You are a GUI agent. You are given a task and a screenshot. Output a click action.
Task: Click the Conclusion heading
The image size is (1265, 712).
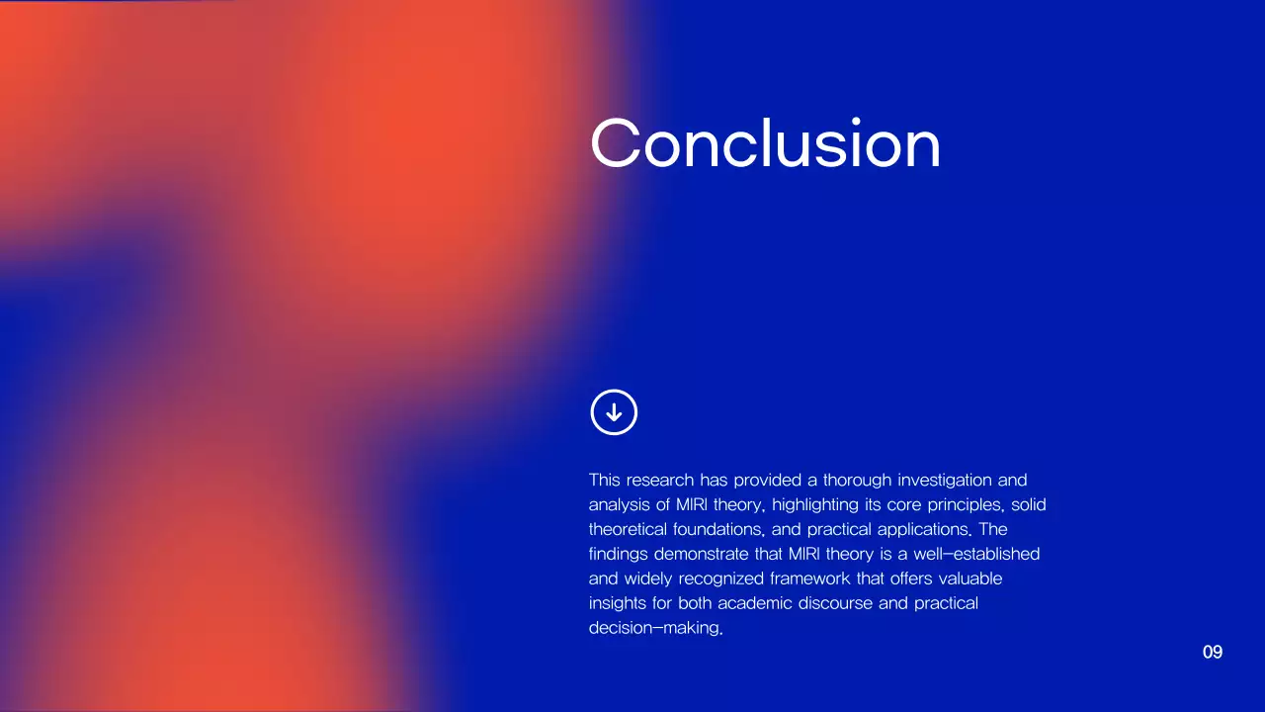point(765,144)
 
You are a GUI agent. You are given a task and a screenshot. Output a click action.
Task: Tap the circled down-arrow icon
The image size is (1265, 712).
point(614,411)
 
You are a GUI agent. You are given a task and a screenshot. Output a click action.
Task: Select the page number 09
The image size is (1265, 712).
point(1213,653)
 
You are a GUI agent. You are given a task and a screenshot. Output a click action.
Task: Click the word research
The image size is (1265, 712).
point(661,481)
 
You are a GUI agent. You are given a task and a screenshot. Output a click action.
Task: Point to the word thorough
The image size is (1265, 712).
point(858,481)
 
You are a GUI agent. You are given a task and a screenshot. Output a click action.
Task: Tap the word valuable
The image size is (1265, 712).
point(966,578)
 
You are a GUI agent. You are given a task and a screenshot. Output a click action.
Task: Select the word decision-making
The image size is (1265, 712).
point(655,628)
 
